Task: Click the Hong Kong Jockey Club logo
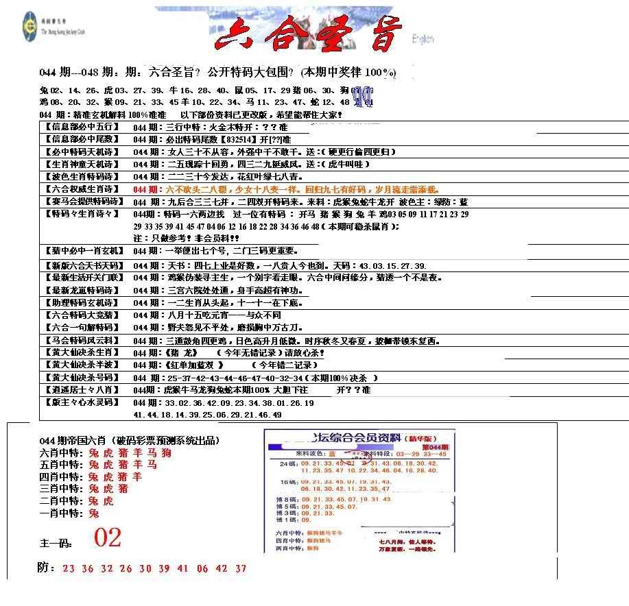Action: (x=29, y=24)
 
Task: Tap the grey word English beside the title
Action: (x=423, y=40)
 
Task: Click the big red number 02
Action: (x=108, y=538)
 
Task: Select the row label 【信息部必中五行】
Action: (x=81, y=127)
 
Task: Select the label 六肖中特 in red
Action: (x=62, y=453)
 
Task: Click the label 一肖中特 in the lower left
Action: (x=62, y=513)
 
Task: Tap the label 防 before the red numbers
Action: (x=45, y=568)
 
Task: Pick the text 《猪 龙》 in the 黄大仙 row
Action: (x=181, y=352)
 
